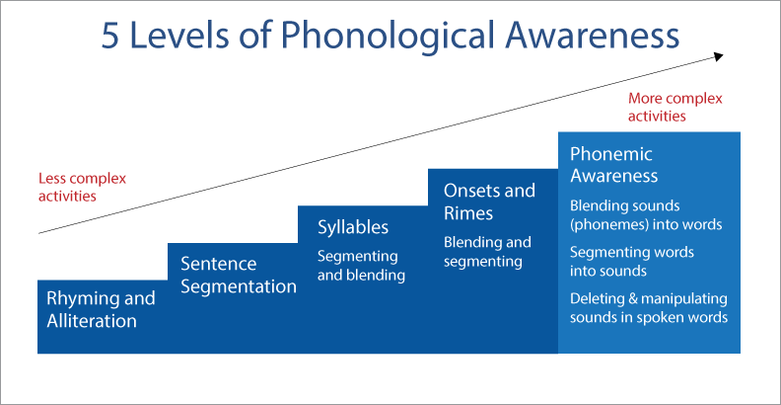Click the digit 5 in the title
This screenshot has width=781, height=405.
point(109,36)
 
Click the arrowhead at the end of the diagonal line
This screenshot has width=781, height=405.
point(718,56)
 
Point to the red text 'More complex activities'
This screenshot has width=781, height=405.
point(674,108)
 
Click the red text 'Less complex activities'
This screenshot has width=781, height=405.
point(82,187)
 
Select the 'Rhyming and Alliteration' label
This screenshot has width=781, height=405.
point(101,309)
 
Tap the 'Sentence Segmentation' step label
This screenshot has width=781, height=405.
point(239,275)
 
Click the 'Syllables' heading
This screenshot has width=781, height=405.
point(353,227)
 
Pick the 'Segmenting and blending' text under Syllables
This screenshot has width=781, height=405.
point(361,266)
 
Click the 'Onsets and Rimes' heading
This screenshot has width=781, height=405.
point(489,202)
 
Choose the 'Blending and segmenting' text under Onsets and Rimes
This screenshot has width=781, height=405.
point(487,252)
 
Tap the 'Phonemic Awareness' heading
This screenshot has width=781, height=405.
point(613,165)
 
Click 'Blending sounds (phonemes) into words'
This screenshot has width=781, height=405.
point(646,215)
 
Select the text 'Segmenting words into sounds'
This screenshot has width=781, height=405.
point(631,261)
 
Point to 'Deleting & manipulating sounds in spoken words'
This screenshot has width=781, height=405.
point(649,308)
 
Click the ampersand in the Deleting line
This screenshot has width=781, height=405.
point(632,299)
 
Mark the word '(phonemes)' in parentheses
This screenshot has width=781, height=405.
point(609,225)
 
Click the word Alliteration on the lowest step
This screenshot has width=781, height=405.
point(92,320)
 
